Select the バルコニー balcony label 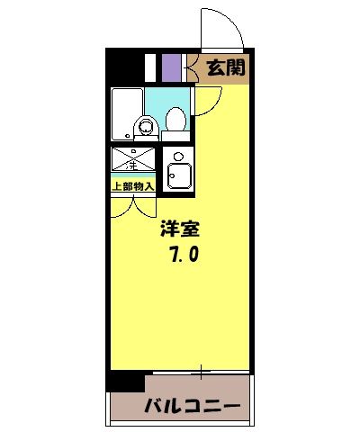[193, 406]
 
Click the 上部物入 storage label [133, 186]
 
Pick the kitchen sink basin [180, 176]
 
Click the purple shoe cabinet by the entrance [171, 68]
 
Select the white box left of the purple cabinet [152, 68]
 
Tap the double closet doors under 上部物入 [133, 205]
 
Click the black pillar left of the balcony [123, 381]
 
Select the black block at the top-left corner [125, 67]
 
